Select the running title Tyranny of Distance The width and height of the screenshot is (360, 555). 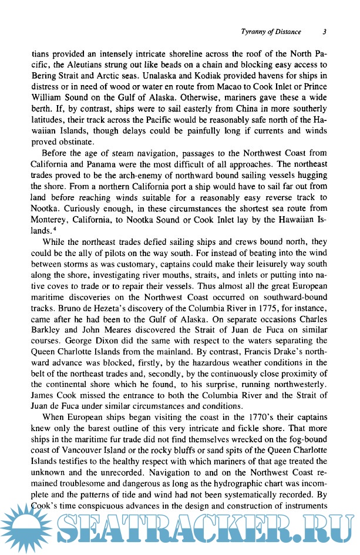click(x=271, y=31)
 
